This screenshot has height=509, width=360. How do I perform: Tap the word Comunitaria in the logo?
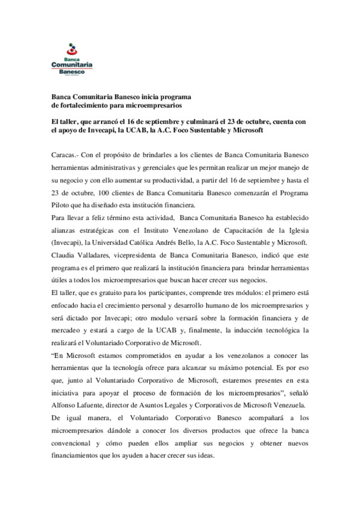[72, 65]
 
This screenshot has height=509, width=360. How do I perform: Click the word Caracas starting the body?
[63, 155]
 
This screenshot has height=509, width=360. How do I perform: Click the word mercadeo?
[65, 330]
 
